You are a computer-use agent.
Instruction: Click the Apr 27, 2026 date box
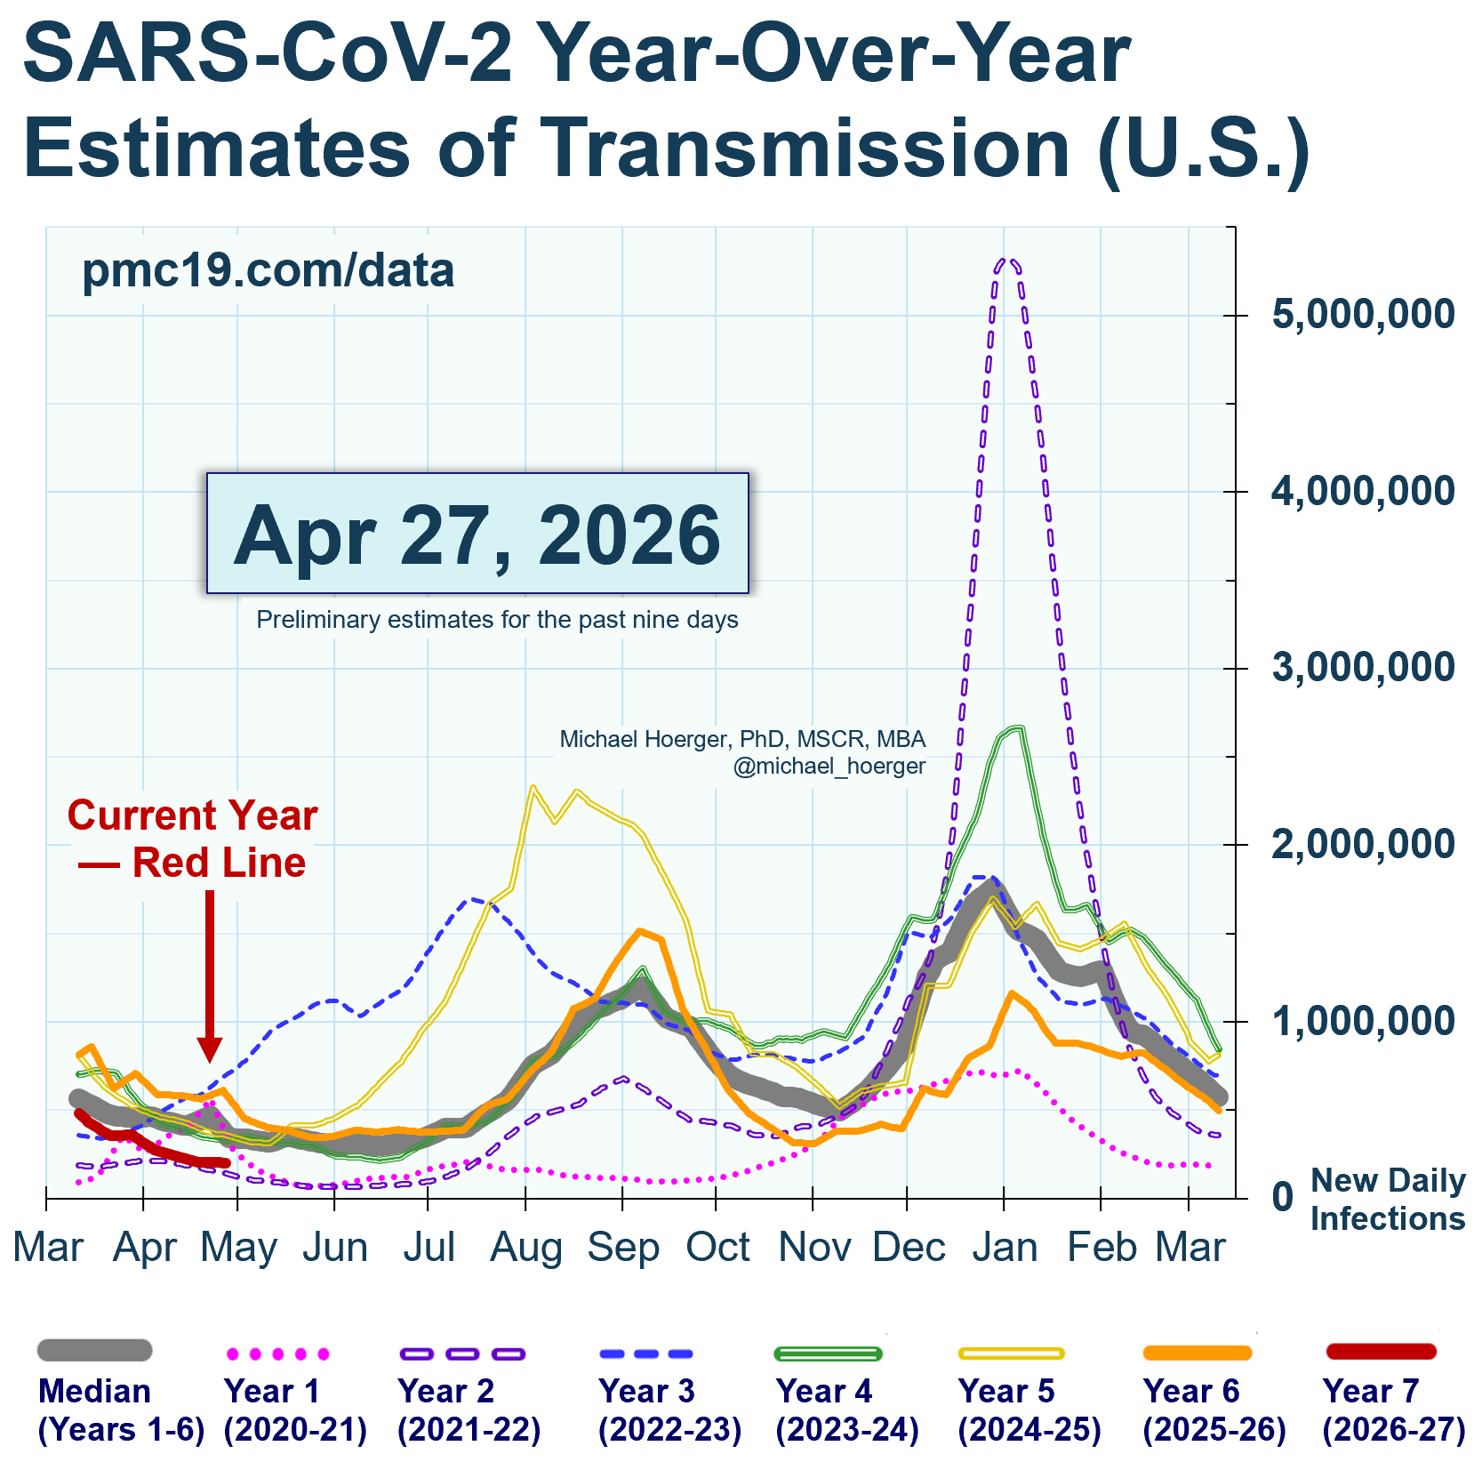coord(477,534)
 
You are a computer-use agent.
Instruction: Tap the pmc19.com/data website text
coord(268,270)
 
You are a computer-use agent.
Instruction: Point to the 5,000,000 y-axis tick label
coord(1363,315)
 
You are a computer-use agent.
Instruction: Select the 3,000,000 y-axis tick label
coord(1363,668)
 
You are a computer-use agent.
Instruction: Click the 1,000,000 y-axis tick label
coord(1363,1021)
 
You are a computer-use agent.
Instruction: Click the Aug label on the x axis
coord(526,1248)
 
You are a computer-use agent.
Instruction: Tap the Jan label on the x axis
coord(1005,1248)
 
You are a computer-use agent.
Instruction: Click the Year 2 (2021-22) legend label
coord(469,1410)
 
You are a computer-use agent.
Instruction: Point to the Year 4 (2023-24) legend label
coord(846,1410)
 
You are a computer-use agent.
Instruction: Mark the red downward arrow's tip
coord(210,1060)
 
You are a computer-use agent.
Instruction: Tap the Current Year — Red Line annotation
coord(193,839)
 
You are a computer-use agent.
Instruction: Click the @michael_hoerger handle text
coord(829,767)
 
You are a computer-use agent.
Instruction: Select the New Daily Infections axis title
coord(1387,1199)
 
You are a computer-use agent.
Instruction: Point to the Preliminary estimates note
coord(497,620)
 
